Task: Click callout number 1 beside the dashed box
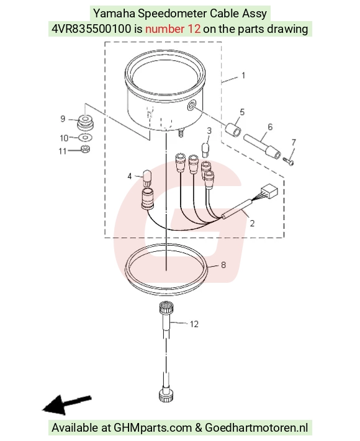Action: click(x=243, y=76)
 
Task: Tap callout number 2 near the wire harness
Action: click(x=252, y=223)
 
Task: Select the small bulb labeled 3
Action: click(x=206, y=149)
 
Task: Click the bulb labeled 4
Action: click(x=146, y=178)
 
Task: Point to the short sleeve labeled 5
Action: click(x=233, y=130)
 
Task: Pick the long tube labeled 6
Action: click(x=262, y=146)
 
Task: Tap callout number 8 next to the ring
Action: click(x=223, y=265)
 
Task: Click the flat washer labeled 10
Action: click(x=84, y=138)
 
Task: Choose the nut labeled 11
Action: click(x=85, y=149)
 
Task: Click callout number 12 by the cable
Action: click(x=194, y=324)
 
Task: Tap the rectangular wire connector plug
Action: click(x=269, y=191)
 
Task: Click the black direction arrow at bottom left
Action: click(x=66, y=404)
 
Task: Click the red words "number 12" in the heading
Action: click(x=173, y=29)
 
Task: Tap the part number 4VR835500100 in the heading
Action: click(x=91, y=29)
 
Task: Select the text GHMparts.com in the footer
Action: click(x=152, y=428)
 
